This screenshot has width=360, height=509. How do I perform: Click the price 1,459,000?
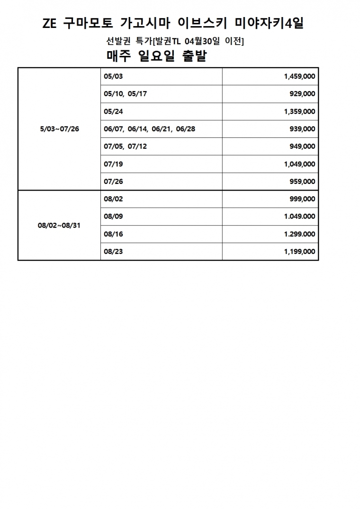point(300,76)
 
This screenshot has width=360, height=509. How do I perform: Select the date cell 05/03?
point(113,76)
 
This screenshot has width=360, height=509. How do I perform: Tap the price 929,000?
point(302,94)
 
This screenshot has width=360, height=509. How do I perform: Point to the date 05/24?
point(113,111)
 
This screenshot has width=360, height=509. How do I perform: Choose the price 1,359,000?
point(300,111)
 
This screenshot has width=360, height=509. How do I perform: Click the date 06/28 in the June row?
point(185,129)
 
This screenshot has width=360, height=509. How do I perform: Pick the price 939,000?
point(302,129)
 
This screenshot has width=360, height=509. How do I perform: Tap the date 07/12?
point(137,146)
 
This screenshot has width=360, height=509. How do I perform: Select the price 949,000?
point(302,146)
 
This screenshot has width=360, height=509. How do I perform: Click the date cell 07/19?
point(113,164)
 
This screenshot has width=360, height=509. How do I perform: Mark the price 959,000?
point(302,182)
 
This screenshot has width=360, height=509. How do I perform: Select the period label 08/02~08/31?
point(59,226)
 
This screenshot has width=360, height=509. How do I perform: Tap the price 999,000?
point(302,199)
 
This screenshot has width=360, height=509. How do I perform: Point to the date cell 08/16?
point(113,234)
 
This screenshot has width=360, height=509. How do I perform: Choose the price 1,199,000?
point(300,252)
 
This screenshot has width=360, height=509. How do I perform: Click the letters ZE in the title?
point(50,24)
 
